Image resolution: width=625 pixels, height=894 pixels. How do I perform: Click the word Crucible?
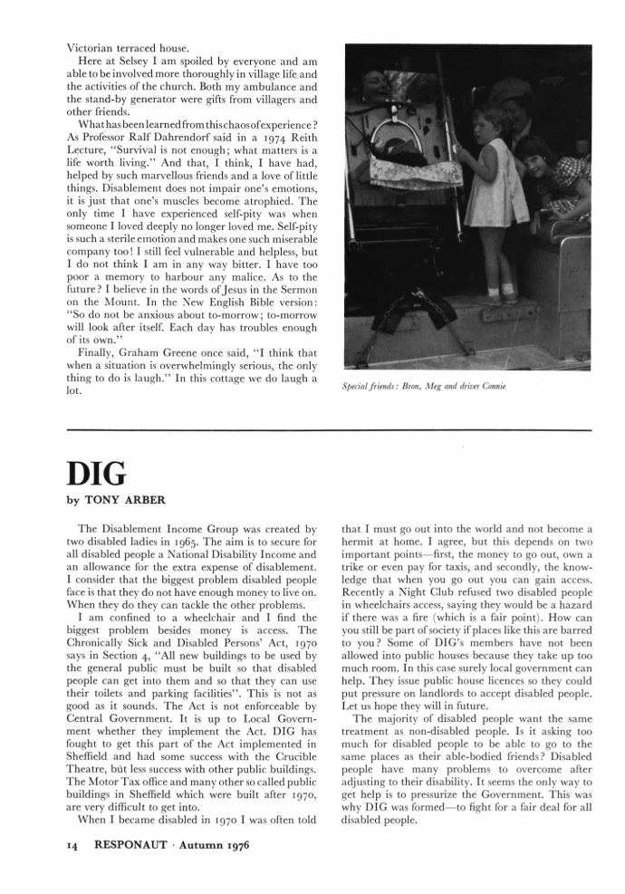289,730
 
